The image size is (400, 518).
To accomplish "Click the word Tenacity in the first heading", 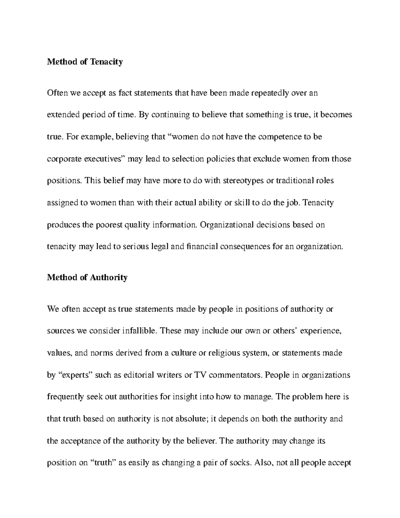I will click(x=106, y=62).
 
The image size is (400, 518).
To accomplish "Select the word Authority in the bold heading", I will click(x=109, y=278).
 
